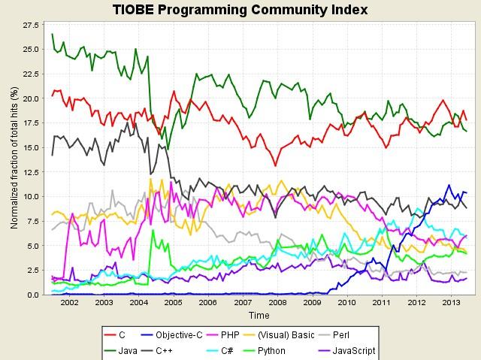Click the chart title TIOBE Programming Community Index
click(240, 10)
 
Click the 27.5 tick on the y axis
click(32, 26)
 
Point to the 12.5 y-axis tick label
click(32, 173)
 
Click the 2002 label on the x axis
click(69, 304)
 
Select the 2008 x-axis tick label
click(277, 304)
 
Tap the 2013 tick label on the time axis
click(449, 304)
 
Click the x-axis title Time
click(259, 316)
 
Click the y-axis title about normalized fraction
click(13, 158)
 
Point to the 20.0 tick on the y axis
click(32, 99)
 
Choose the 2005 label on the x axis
click(173, 304)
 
